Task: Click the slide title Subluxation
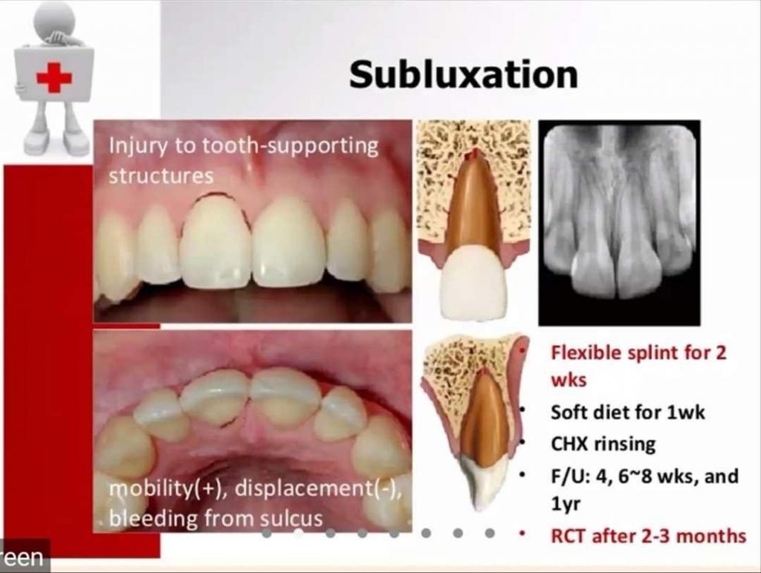tap(464, 75)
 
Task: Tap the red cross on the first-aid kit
tap(54, 77)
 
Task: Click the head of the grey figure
tap(54, 18)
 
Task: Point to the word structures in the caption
tap(161, 175)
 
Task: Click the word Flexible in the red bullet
tap(586, 353)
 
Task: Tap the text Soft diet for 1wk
tap(627, 412)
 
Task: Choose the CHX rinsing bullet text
tap(603, 444)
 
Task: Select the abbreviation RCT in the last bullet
tap(569, 536)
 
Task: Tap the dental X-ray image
tap(619, 223)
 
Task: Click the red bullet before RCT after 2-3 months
tap(522, 534)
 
